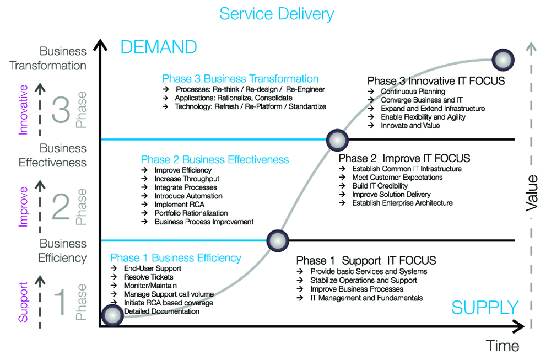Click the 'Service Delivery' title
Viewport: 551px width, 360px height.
[x=276, y=13]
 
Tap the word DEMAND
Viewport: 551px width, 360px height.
[x=158, y=47]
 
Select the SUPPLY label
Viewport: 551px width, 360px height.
[x=485, y=308]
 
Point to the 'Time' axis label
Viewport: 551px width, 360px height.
[x=503, y=346]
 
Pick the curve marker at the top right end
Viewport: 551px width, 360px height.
[x=502, y=59]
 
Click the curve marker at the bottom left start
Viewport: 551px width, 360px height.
[x=112, y=315]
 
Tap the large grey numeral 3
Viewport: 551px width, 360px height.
[x=61, y=110]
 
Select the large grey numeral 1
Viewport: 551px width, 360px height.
[x=61, y=302]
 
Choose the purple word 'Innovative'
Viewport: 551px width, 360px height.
[x=23, y=110]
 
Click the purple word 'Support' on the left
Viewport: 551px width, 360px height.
[x=23, y=302]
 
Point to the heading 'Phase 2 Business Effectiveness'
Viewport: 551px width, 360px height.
[x=215, y=159]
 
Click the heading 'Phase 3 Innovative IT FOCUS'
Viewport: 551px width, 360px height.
[x=436, y=81]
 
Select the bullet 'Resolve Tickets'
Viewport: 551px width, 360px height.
[x=148, y=277]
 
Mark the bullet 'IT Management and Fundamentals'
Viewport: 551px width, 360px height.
[x=366, y=298]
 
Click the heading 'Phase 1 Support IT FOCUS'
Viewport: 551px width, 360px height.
[x=366, y=260]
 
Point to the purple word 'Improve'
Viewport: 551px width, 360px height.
[x=23, y=206]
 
